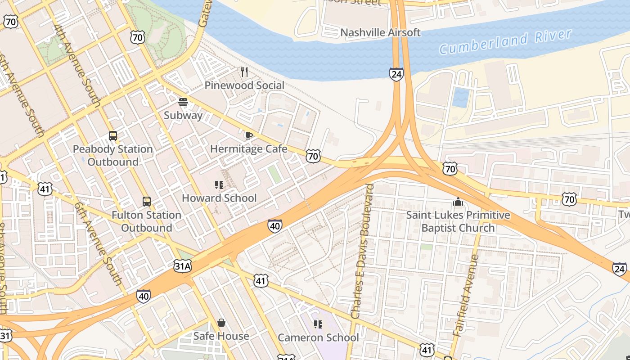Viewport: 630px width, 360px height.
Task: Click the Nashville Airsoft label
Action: point(380,32)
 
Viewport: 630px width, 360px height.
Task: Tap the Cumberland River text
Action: point(505,42)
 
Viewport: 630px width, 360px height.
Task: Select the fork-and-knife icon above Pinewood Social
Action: point(244,72)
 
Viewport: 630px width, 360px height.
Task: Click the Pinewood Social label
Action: point(244,85)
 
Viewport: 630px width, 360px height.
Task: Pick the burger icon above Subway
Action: point(183,102)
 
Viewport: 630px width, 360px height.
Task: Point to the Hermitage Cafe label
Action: point(248,149)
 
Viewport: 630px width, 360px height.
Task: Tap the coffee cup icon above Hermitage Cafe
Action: point(248,135)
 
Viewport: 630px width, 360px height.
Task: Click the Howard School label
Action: point(219,198)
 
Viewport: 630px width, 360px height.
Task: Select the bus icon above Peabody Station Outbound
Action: point(113,135)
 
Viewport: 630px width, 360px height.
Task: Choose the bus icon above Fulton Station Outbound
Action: point(147,201)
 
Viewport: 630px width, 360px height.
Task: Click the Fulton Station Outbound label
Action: point(147,221)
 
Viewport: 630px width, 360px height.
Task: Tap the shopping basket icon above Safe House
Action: point(221,323)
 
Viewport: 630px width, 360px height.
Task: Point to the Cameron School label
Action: point(318,337)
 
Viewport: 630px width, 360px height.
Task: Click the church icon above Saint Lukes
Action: point(458,202)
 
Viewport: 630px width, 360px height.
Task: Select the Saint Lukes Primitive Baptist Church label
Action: point(458,221)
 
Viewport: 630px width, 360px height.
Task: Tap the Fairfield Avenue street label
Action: point(466,296)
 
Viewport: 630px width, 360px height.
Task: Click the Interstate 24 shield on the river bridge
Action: point(396,74)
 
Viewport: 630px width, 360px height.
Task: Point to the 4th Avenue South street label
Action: point(76,66)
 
